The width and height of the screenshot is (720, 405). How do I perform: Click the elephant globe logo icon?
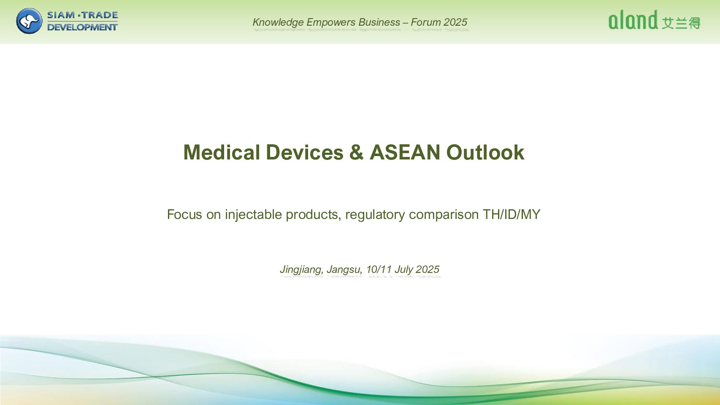coord(29,21)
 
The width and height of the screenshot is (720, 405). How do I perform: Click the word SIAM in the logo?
coord(61,15)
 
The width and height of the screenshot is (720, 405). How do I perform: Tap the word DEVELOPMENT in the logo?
coord(82,27)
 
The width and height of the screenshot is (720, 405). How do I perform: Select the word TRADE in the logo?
coord(100,15)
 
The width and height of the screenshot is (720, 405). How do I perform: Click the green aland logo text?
coord(633,19)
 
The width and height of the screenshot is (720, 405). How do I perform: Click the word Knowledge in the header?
coord(278,22)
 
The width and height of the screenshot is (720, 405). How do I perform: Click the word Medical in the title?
coord(222,152)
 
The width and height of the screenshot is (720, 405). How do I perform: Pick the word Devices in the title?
coord(305,152)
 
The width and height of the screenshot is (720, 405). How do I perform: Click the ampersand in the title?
coord(357,152)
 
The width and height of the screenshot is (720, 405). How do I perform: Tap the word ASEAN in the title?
coord(405,152)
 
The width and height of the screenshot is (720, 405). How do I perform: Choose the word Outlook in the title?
coord(485,152)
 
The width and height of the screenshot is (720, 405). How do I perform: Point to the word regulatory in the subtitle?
coord(375,215)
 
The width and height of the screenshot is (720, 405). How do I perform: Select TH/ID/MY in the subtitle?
coord(512,214)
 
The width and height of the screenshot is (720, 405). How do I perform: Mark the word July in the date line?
coord(404,269)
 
